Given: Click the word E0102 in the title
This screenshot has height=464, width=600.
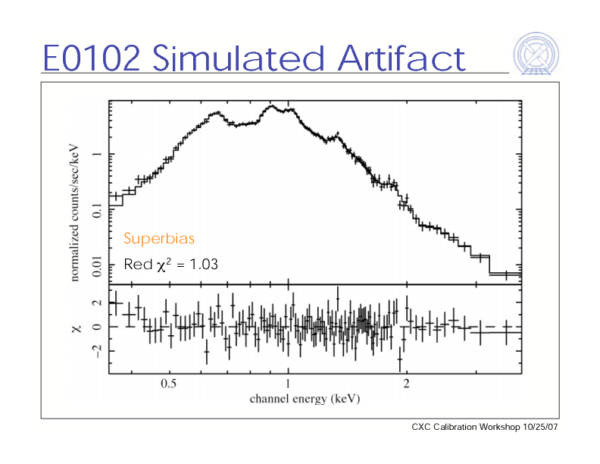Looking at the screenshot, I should pos(91,58).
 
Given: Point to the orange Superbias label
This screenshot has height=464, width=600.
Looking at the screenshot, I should pos(159,239).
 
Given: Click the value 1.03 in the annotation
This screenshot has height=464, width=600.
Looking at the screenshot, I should pos(203,265).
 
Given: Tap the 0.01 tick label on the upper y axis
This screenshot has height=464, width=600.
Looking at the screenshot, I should pos(95,265).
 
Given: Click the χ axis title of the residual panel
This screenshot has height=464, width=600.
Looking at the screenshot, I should pos(76,328).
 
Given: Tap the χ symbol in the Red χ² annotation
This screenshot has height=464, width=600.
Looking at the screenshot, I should pos(160,265).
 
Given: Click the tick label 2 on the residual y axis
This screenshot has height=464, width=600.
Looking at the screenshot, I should pos(95,303).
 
